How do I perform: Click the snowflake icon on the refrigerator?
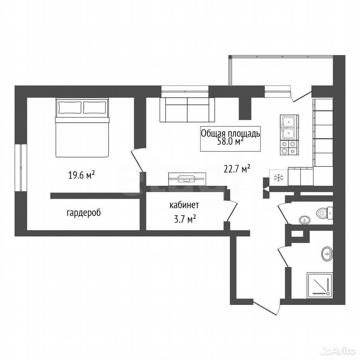coord(278,177)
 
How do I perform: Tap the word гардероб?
coord(84,213)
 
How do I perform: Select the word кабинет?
coord(184,205)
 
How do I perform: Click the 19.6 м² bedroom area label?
coord(81,175)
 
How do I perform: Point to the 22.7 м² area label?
coord(237,169)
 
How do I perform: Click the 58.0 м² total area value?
coord(230,142)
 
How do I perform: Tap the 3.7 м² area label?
coord(185,219)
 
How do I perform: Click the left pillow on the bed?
coord(70,108)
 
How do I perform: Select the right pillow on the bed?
coord(95,108)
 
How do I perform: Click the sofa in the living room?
coord(187,110)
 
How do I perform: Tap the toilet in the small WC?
coord(324,213)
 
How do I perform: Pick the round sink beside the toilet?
coord(304,220)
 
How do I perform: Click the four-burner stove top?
coord(288,148)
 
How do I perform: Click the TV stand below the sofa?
coord(187,179)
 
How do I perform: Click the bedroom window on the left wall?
coord(21,167)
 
